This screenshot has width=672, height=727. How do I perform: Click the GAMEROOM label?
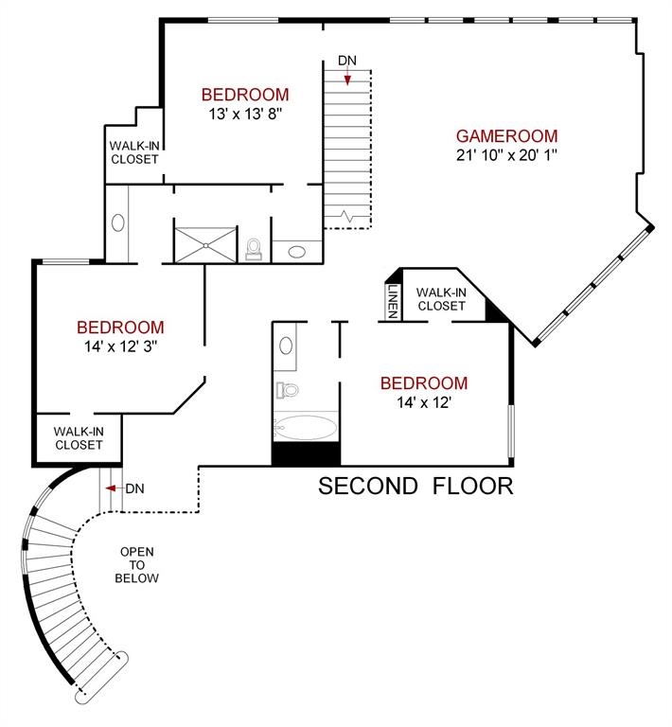506,135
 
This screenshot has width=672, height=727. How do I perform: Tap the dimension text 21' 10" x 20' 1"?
506,154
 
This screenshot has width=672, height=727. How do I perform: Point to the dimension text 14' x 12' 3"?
119,346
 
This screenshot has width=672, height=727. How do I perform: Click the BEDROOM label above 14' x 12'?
423,383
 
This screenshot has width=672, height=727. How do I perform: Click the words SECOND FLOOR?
415,487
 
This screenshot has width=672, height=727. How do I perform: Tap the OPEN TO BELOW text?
137,565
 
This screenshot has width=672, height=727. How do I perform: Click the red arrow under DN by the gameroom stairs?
347,80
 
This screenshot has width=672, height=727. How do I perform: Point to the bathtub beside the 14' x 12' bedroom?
305,427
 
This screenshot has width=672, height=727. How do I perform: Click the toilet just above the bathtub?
288,388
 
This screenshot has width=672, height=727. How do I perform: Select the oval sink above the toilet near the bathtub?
286,345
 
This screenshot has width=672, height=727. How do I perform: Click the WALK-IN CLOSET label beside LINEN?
440,299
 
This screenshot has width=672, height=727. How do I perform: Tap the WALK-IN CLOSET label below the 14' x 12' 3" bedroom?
79,437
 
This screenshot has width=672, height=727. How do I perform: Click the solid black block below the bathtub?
305,453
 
